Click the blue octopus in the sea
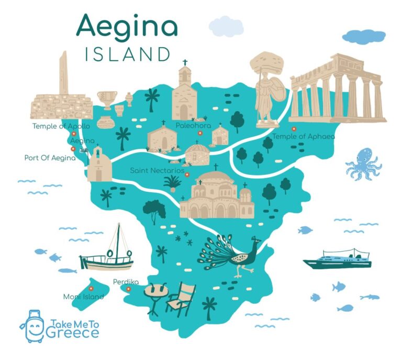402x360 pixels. click(363, 163)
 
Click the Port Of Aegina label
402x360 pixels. click(50, 157)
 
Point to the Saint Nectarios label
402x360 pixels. click(157, 171)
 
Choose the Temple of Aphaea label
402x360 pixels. click(303, 137)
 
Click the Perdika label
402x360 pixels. click(126, 282)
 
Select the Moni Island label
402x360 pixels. click(83, 297)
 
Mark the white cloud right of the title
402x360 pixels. click(226, 26)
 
